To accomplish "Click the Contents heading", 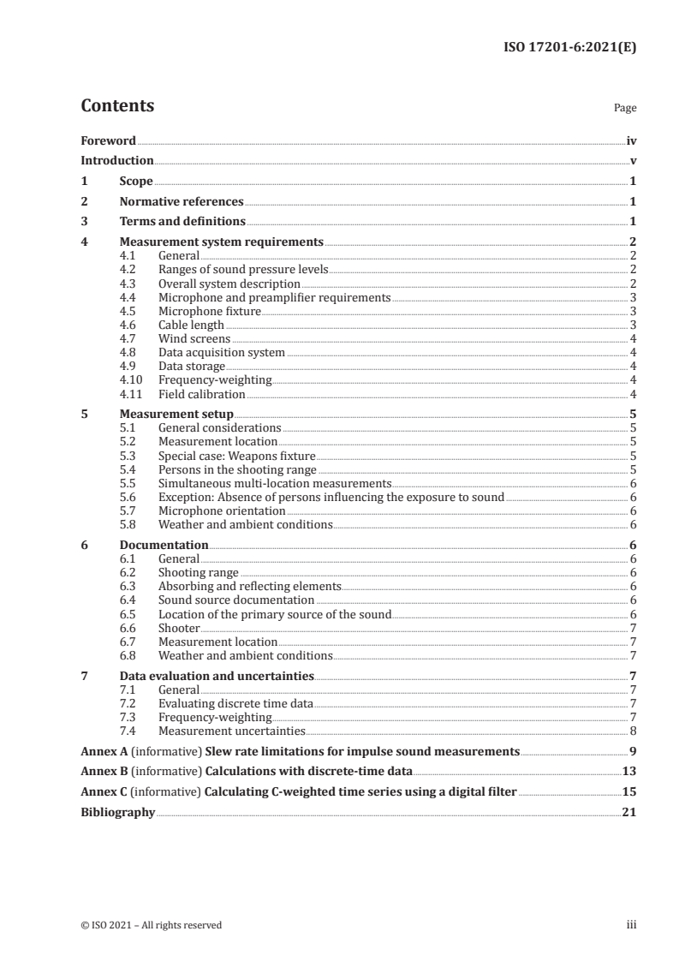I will (x=117, y=106).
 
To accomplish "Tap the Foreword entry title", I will (x=108, y=140).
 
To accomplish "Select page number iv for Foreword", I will (x=631, y=140).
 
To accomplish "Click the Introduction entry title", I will (x=117, y=161).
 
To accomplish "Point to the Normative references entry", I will (x=182, y=202).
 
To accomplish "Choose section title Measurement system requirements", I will (x=221, y=242).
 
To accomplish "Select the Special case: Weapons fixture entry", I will (x=237, y=456).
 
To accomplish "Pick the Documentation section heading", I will (x=164, y=546).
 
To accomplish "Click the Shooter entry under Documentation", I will (x=179, y=628).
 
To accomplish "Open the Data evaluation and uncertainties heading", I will (x=217, y=677).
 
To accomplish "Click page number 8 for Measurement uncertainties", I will (x=633, y=731).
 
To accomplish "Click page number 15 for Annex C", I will (x=628, y=792).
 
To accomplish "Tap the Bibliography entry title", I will (x=117, y=813).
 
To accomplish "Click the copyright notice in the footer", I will (x=152, y=925).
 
